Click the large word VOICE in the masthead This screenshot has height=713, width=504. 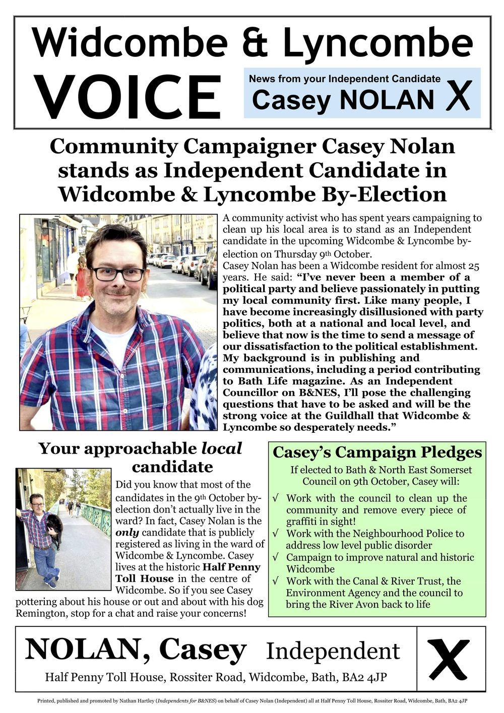click(128, 97)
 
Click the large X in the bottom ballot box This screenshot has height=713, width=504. click(448, 659)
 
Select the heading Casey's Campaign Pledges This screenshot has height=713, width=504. click(377, 452)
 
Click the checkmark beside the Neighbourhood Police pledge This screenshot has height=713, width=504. click(276, 533)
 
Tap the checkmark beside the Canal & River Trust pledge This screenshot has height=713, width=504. click(276, 581)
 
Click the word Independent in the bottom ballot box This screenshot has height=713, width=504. click(333, 651)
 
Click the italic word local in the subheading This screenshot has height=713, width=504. click(222, 448)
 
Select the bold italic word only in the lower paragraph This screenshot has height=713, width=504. click(127, 533)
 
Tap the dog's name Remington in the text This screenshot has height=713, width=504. click(41, 613)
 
